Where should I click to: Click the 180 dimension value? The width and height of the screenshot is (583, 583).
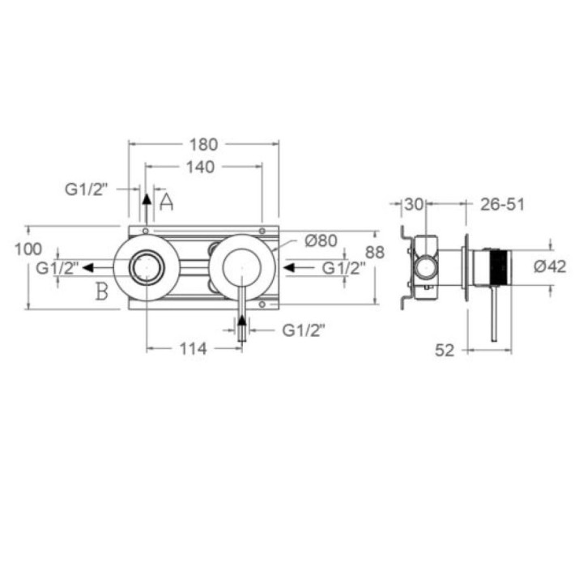203,144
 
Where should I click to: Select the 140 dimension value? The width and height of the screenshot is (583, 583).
201,167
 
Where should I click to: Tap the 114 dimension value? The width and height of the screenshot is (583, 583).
193,349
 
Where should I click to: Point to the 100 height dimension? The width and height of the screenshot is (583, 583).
28,249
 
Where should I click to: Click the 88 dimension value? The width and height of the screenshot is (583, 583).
374,253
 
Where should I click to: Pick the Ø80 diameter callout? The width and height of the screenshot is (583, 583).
321,240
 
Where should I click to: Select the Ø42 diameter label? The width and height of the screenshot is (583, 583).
550,266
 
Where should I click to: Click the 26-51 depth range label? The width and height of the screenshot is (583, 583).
502,204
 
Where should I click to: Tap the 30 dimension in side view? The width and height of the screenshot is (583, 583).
414,204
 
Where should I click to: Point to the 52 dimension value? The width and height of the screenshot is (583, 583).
445,351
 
